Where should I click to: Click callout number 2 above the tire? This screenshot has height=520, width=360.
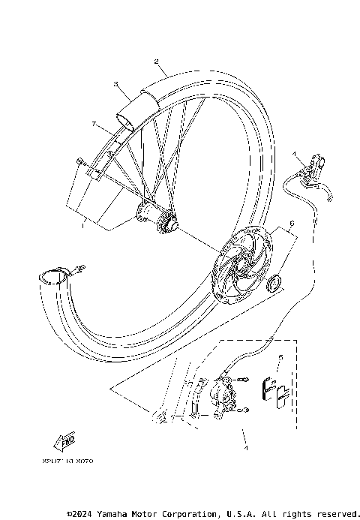tap(156, 62)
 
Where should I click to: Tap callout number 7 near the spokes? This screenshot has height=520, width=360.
tap(93, 122)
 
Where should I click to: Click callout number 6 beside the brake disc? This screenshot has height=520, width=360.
tap(291, 224)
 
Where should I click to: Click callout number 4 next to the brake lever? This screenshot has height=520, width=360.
tap(295, 155)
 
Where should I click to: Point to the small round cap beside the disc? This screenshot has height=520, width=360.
tap(273, 284)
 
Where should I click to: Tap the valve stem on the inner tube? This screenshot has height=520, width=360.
tap(78, 267)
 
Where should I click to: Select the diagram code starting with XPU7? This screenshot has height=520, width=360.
tap(63, 461)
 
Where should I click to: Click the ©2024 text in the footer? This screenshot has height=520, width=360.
tap(80, 514)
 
